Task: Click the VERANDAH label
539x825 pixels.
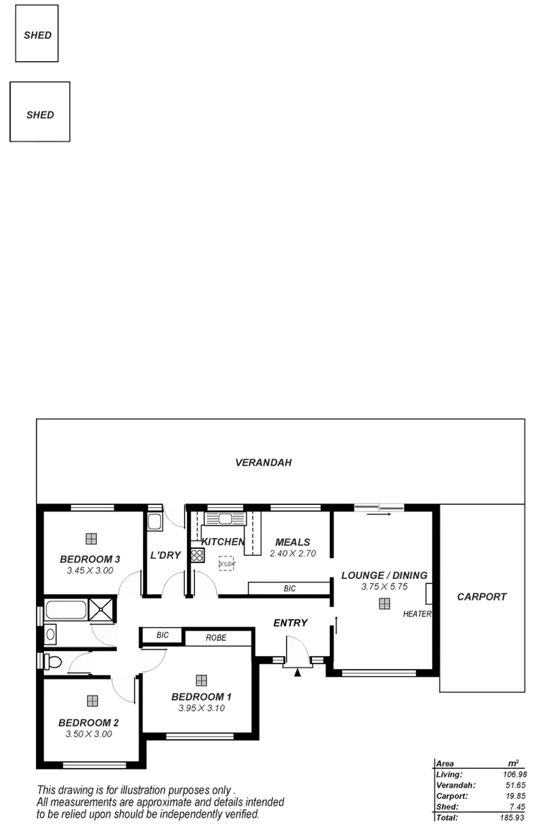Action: [264, 462]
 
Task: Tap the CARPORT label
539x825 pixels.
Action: [482, 596]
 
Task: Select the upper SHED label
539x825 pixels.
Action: [37, 34]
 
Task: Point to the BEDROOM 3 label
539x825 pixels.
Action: [89, 559]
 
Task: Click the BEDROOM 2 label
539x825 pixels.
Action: [88, 722]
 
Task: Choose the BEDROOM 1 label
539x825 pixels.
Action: [201, 696]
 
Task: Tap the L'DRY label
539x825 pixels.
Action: [165, 555]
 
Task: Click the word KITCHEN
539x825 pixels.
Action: [224, 542]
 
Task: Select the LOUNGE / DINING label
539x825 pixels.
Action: [384, 575]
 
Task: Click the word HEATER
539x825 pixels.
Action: [416, 614]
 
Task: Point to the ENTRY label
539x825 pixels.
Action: [290, 622]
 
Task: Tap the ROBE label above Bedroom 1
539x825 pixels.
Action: [216, 637]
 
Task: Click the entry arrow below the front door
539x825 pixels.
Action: [297, 672]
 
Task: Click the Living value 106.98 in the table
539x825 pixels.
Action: [516, 774]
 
